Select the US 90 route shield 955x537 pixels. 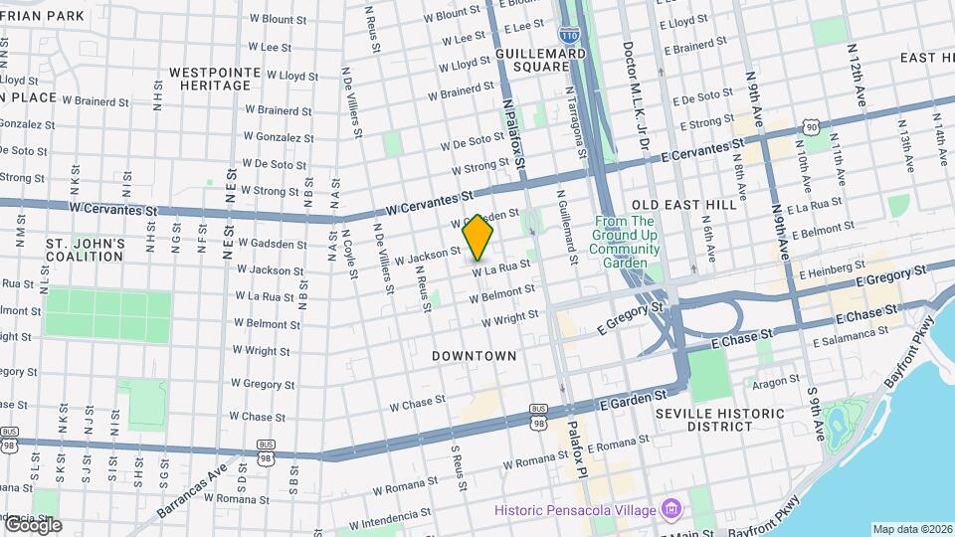pyautogui.click(x=813, y=126)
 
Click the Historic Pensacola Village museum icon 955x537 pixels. pyautogui.click(x=672, y=510)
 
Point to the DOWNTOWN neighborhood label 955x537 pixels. pyautogui.click(x=475, y=355)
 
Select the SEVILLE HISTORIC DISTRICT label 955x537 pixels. pyautogui.click(x=719, y=419)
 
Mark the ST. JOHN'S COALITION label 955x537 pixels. pyautogui.click(x=85, y=250)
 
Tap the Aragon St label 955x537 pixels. pyautogui.click(x=775, y=382)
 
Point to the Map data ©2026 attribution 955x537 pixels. pyautogui.click(x=911, y=529)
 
